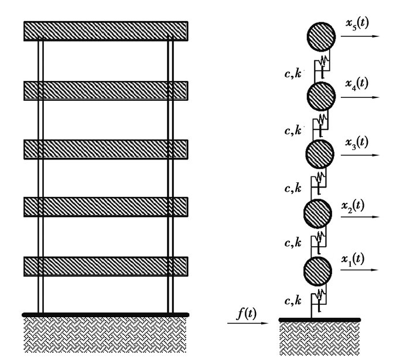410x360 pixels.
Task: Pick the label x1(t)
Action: pos(353,259)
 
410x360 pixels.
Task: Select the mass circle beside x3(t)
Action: pos(320,154)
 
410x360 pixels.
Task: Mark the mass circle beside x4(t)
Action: pos(320,96)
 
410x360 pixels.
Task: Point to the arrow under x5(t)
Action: pos(360,36)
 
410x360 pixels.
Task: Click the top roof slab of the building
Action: pos(105,30)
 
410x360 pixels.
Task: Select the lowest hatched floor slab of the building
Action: pos(105,266)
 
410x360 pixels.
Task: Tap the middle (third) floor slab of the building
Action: pos(105,149)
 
